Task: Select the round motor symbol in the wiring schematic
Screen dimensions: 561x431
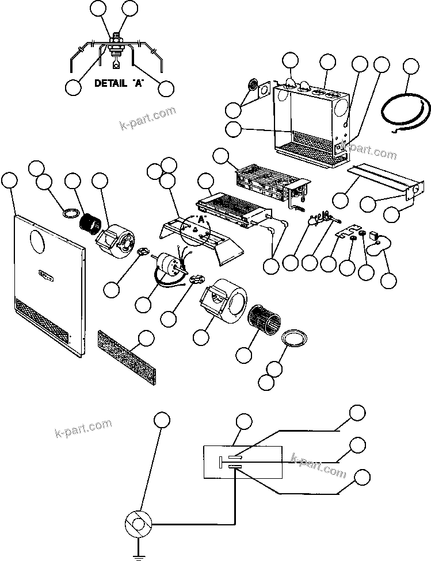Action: (138, 524)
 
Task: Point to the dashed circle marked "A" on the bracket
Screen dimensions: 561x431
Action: (197, 230)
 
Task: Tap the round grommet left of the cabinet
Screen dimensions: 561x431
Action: (253, 87)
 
